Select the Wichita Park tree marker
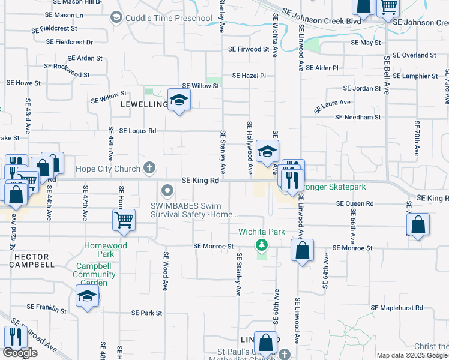pos(261,244)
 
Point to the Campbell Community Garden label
pos(94,274)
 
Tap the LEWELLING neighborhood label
pos(144,104)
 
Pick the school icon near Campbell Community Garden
pos(88,296)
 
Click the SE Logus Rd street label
pos(137,130)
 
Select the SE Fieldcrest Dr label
pos(70,42)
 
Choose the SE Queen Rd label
pos(355,203)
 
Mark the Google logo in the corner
pos(20,353)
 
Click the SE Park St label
pos(147,313)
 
